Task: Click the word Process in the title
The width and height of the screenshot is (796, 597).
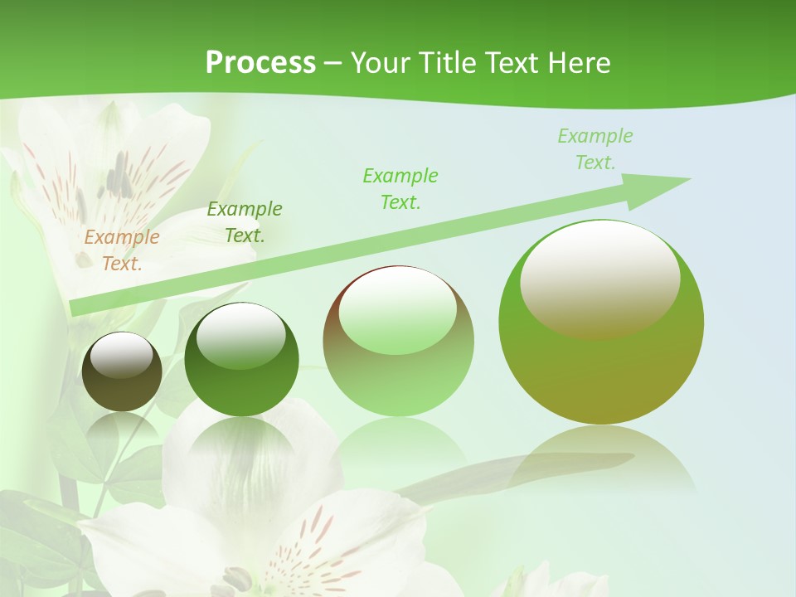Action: [260, 62]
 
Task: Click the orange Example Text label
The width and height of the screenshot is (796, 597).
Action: [122, 250]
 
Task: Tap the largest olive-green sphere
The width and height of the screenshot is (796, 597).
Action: [601, 365]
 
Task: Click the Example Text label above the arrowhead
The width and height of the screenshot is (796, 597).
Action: [595, 148]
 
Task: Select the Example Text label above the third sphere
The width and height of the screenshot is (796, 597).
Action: [400, 188]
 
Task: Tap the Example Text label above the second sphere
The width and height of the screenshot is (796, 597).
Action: [245, 221]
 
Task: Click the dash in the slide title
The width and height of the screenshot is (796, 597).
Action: [333, 62]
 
